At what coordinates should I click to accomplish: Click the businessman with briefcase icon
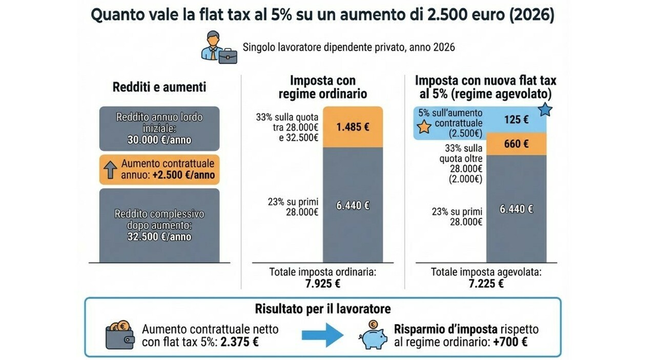[219, 47]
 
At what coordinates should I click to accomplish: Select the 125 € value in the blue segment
[516, 120]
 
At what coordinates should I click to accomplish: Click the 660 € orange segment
[516, 144]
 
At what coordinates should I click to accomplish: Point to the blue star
[545, 109]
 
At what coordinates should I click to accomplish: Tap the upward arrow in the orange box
[110, 170]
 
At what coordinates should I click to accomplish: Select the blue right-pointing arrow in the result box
[322, 335]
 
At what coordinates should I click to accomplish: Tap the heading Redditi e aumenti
[159, 87]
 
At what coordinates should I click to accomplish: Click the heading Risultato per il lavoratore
[323, 309]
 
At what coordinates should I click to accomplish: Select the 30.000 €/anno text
[159, 139]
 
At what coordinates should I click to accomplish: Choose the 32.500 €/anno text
[159, 237]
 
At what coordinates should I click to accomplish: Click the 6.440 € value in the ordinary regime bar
[353, 206]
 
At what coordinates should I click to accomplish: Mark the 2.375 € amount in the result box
[240, 342]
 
